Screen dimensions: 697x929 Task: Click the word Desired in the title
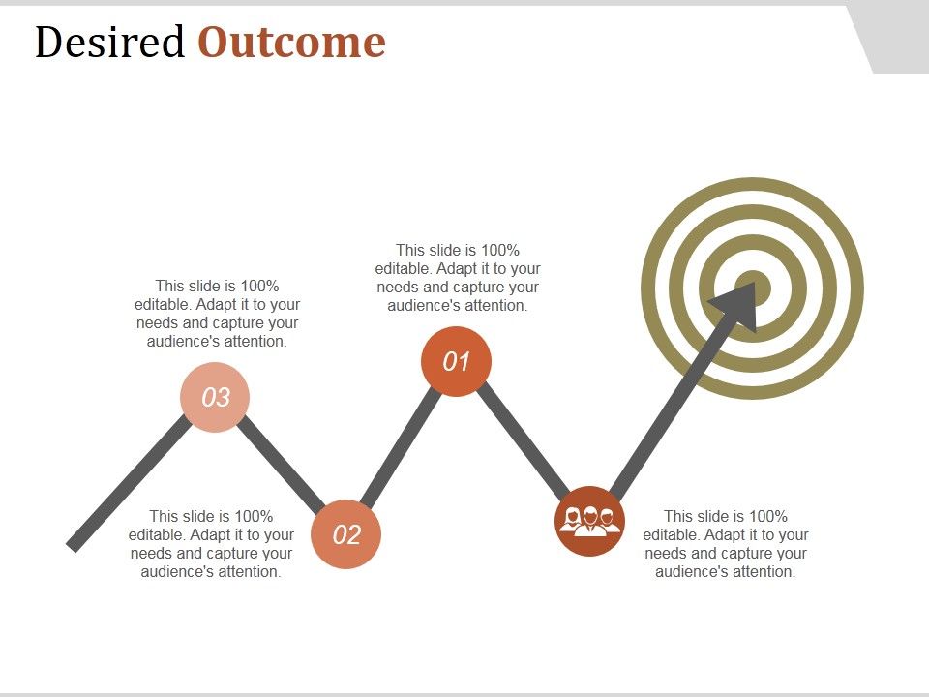pos(108,43)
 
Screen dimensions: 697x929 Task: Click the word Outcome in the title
pos(291,43)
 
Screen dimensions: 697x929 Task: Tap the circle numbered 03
pos(215,397)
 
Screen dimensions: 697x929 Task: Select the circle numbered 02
pos(346,534)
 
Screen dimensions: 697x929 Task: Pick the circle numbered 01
pos(456,362)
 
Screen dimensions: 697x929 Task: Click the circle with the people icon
pos(589,521)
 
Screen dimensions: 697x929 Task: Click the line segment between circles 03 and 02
pos(281,465)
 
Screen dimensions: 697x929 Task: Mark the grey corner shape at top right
pos(895,39)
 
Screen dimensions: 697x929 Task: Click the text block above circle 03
pos(217,314)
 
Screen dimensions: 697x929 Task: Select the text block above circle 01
pos(458,278)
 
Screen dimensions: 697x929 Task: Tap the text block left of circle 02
pos(211,544)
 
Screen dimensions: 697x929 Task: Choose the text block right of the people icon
pos(726,544)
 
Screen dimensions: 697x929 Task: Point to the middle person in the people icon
pos(589,520)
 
